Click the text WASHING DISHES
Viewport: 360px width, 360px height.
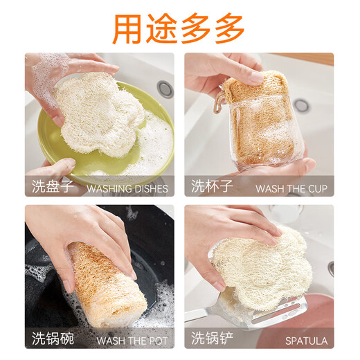pyautogui.click(x=127, y=188)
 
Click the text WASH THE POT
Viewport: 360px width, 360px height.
pyautogui.click(x=132, y=340)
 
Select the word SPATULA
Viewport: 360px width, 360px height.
pyautogui.click(x=305, y=340)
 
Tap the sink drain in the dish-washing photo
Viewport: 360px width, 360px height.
pyautogui.click(x=164, y=89)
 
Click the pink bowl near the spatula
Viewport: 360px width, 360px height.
pyautogui.click(x=305, y=325)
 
